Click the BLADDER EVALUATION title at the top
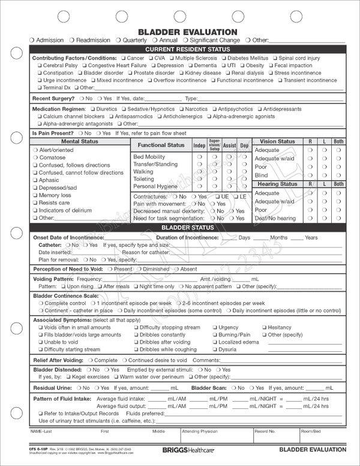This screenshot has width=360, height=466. [179, 32]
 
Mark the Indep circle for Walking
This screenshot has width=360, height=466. [199, 171]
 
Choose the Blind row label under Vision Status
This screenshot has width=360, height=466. [261, 175]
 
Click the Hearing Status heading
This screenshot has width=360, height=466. [277, 184]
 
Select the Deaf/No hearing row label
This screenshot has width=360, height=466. [275, 219]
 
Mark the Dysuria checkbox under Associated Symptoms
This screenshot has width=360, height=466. [214, 349]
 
